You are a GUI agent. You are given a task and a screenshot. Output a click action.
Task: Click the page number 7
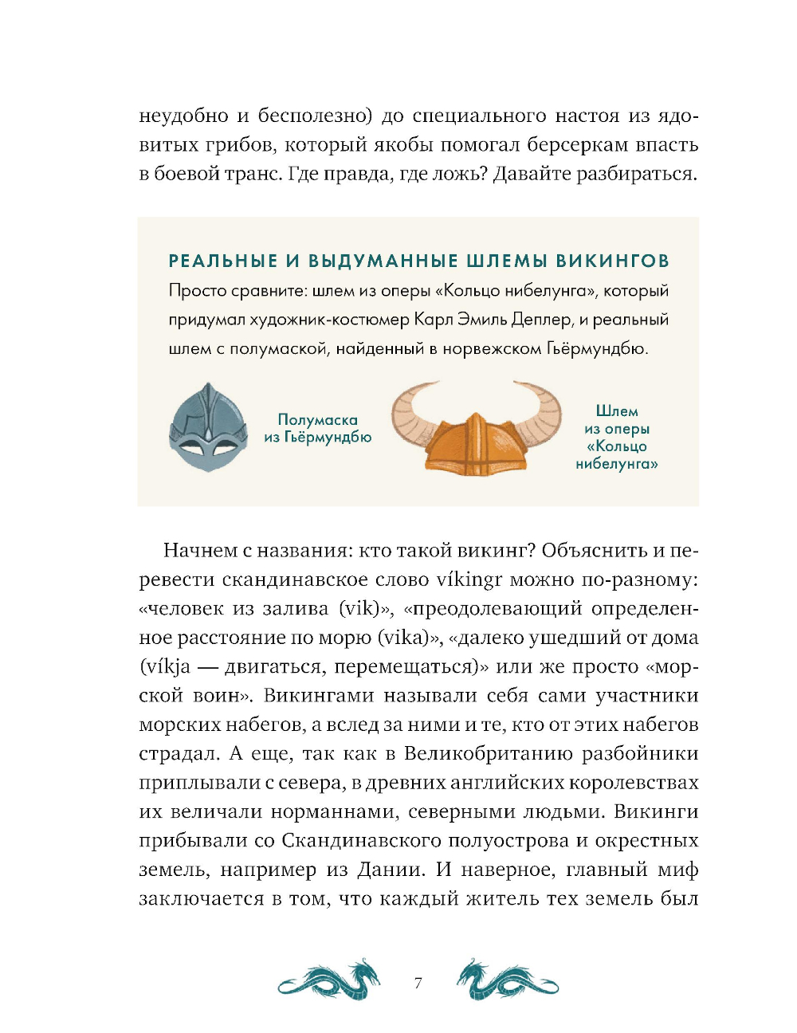418,983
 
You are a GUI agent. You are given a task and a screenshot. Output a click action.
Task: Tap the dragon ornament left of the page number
329,980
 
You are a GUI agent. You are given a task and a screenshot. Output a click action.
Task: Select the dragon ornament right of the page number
507,980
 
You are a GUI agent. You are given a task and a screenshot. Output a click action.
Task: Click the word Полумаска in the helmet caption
317,419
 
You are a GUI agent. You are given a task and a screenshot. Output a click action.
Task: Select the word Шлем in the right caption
617,411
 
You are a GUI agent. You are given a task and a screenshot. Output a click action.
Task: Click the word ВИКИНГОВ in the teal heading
612,261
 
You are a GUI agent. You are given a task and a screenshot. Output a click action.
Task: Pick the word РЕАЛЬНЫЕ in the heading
223,261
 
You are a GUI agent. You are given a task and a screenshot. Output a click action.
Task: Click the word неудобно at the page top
184,116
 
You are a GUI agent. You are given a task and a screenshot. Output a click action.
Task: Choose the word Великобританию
488,753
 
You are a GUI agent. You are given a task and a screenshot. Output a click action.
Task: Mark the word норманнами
333,811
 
